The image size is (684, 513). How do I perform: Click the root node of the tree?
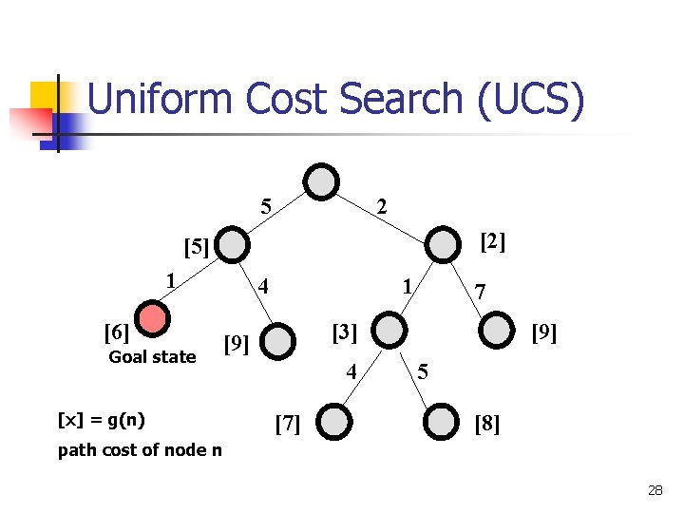point(322,181)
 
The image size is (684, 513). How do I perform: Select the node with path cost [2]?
point(442,243)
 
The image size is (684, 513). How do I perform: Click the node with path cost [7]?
point(333,422)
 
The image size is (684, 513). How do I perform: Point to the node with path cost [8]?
point(442,422)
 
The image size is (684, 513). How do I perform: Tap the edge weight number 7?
point(481,293)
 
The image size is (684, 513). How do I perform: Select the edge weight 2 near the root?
point(381,205)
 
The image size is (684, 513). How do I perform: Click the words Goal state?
point(152,357)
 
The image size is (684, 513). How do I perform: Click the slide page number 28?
point(655,490)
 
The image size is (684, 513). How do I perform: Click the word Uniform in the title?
point(161,101)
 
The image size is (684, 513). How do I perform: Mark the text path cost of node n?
point(140,449)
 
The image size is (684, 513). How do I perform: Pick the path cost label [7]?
point(287,424)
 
